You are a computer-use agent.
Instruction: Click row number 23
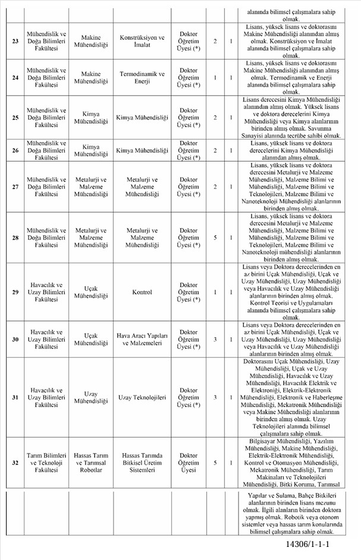point(15,40)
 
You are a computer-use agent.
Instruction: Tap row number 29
point(15,292)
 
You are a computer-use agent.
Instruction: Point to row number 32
point(15,462)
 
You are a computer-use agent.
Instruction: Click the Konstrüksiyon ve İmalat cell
point(142,40)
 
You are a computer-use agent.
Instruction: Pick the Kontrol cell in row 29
point(142,292)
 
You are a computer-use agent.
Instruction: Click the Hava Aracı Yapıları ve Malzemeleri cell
point(142,338)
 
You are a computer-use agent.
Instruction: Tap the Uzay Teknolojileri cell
point(142,397)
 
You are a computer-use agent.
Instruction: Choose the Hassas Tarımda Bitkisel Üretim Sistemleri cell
point(142,462)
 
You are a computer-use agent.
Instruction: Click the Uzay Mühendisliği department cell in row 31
point(91,397)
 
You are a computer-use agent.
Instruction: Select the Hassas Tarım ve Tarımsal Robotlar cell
point(91,462)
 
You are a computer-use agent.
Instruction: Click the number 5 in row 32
point(215,462)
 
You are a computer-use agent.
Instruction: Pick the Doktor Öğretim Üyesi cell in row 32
point(189,462)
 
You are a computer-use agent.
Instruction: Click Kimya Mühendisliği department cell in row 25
point(91,117)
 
